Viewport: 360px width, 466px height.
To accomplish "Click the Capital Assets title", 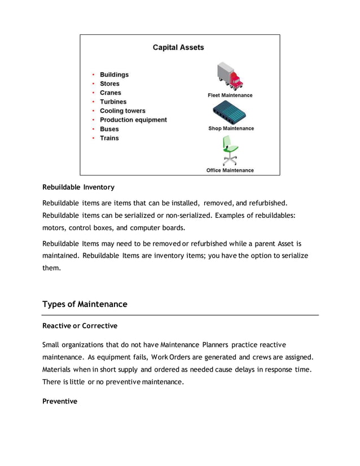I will (x=178, y=47).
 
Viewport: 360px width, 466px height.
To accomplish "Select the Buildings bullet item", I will (x=114, y=74).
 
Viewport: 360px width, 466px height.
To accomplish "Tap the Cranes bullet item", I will (x=110, y=93).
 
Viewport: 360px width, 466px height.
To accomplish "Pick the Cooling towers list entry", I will (x=122, y=111).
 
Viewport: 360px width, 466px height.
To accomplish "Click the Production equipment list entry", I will (x=133, y=120).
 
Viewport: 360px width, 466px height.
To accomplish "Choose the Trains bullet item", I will (x=109, y=138).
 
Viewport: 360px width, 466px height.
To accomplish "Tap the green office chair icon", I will (x=230, y=152).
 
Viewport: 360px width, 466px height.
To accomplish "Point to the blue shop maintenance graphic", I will (x=230, y=113).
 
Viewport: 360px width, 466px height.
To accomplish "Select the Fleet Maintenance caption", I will (x=230, y=95).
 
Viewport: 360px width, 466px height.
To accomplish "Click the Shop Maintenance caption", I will (x=231, y=129).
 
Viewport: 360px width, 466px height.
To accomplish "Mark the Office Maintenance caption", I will (x=230, y=170).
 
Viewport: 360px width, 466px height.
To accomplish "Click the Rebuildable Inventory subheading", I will (x=78, y=187).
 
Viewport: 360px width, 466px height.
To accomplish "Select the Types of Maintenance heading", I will (x=85, y=304).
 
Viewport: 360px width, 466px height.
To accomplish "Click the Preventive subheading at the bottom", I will (x=60, y=401).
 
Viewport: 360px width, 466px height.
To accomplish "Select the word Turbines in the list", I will (x=113, y=102).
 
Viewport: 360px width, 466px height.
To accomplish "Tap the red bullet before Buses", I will (x=93, y=129).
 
